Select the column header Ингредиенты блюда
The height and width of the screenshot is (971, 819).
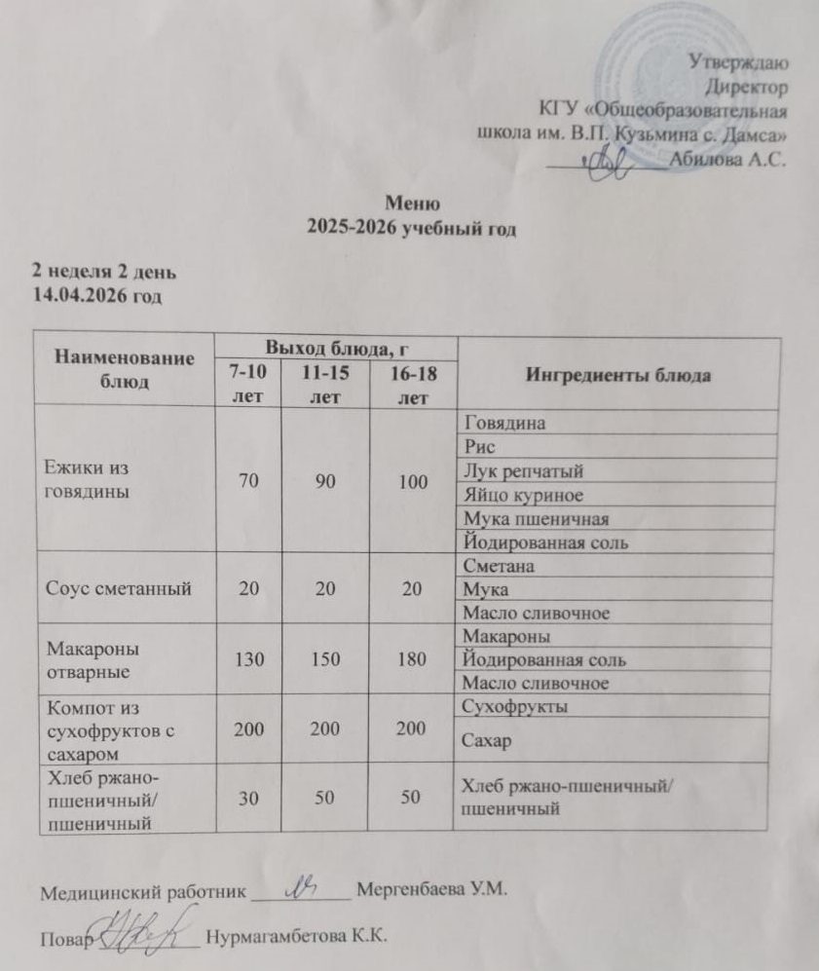[617, 375]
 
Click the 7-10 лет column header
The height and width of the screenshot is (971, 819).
[245, 383]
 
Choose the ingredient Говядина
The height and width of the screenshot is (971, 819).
[504, 425]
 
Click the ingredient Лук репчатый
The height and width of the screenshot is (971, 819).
[524, 471]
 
